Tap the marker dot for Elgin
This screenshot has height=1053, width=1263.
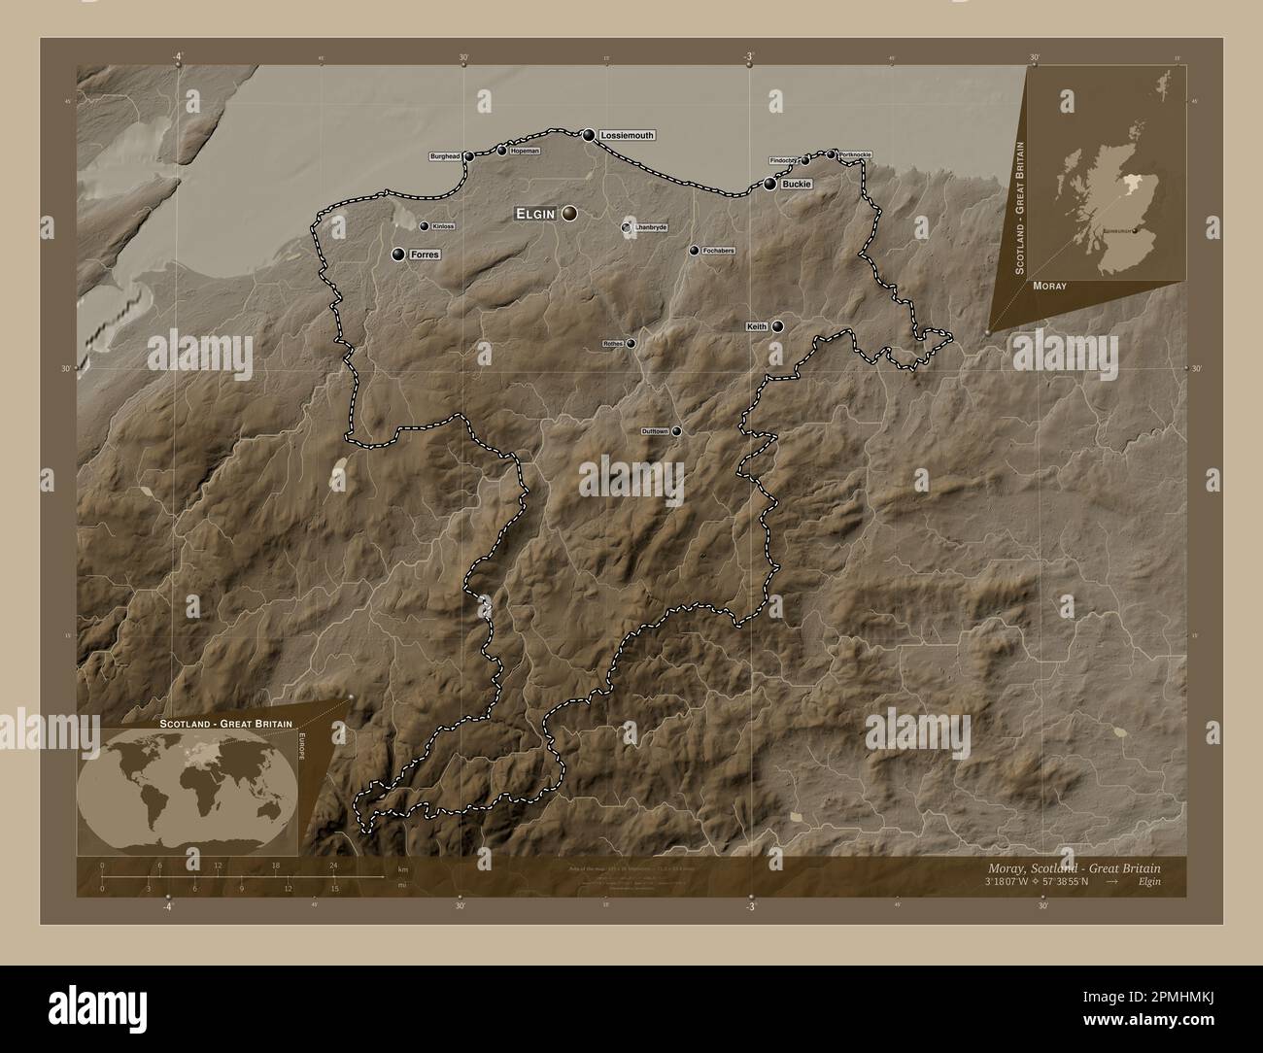[568, 213]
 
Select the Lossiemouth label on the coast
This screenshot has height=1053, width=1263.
[627, 135]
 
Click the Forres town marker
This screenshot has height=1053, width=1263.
[398, 255]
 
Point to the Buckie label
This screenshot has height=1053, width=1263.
[796, 183]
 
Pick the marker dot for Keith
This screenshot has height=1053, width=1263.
[778, 326]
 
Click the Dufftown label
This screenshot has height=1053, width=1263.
[655, 431]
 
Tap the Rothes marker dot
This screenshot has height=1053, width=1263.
[631, 343]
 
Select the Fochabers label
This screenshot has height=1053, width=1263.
[719, 251]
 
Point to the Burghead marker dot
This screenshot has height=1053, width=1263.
[469, 155]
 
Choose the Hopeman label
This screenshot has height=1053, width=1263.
[524, 151]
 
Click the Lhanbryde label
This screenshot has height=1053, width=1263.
[650, 227]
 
